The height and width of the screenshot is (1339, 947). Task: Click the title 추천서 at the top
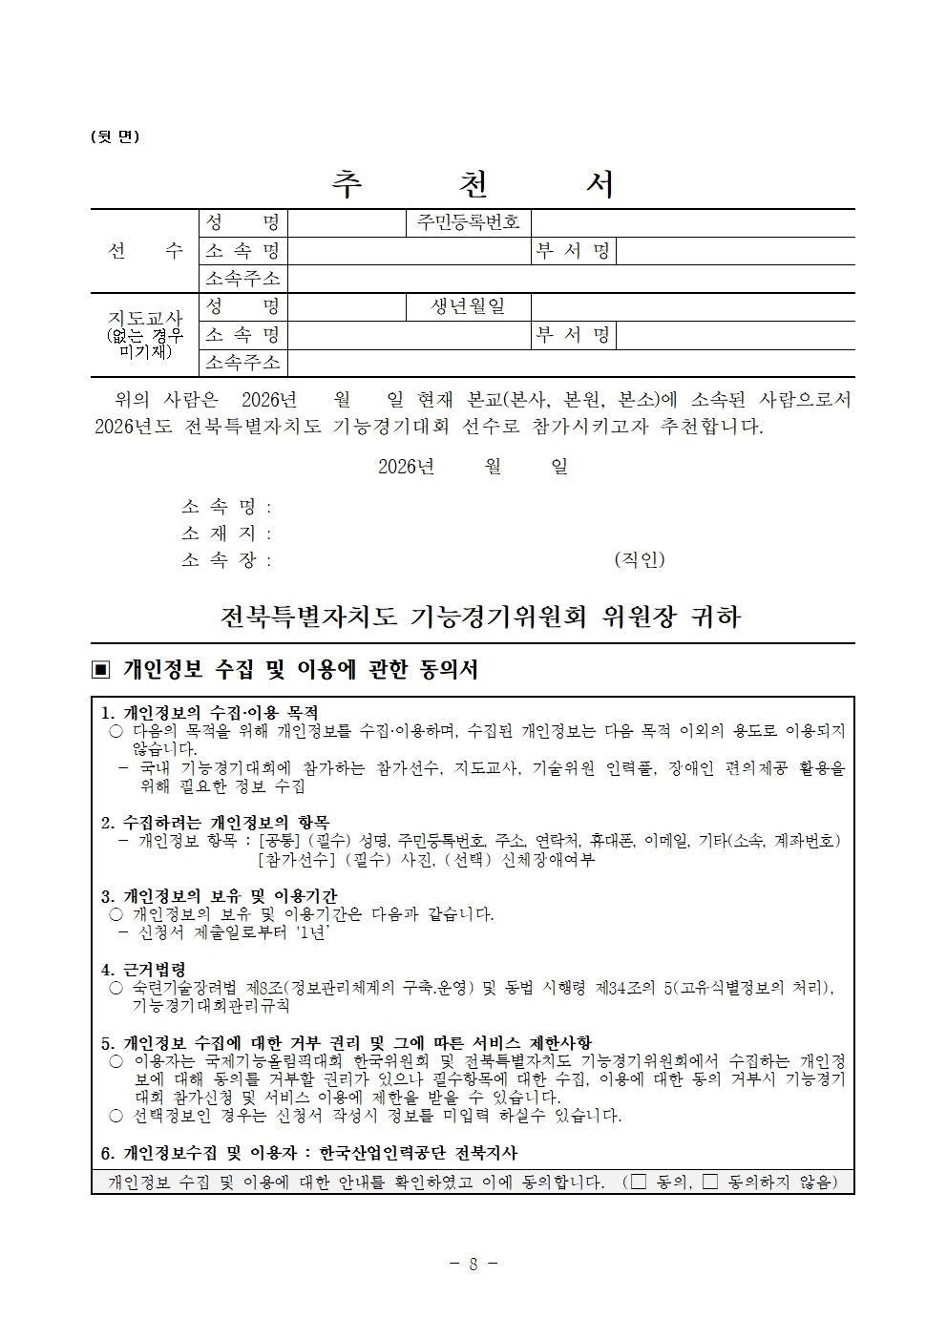pos(473,184)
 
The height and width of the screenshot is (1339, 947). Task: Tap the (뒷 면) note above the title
pos(115,136)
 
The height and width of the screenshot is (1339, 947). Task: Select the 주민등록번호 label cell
pos(468,223)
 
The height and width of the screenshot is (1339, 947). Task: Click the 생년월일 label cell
pos(468,306)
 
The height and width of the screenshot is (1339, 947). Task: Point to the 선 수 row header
pos(145,251)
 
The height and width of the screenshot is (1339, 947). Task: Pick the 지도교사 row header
pos(145,334)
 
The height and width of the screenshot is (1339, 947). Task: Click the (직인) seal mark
pos(639,559)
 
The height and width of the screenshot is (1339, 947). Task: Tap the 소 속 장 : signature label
pos(226,560)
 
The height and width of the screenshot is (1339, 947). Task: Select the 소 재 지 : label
pos(226,534)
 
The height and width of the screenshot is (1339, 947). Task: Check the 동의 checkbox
pos(639,1182)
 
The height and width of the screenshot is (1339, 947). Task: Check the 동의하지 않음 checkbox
pos(709,1182)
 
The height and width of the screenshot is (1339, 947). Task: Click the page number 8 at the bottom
pos(473,1264)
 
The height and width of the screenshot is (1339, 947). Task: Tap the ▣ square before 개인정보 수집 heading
pos(101,670)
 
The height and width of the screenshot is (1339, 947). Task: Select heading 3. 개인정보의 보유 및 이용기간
pos(219,896)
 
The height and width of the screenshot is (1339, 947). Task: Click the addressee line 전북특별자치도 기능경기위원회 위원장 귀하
pos(480,617)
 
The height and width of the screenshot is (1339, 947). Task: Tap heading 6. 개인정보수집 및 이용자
pos(309,1153)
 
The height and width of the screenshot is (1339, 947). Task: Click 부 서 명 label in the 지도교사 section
pos(573,335)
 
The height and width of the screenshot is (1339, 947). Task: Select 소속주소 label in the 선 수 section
pos(242,279)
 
